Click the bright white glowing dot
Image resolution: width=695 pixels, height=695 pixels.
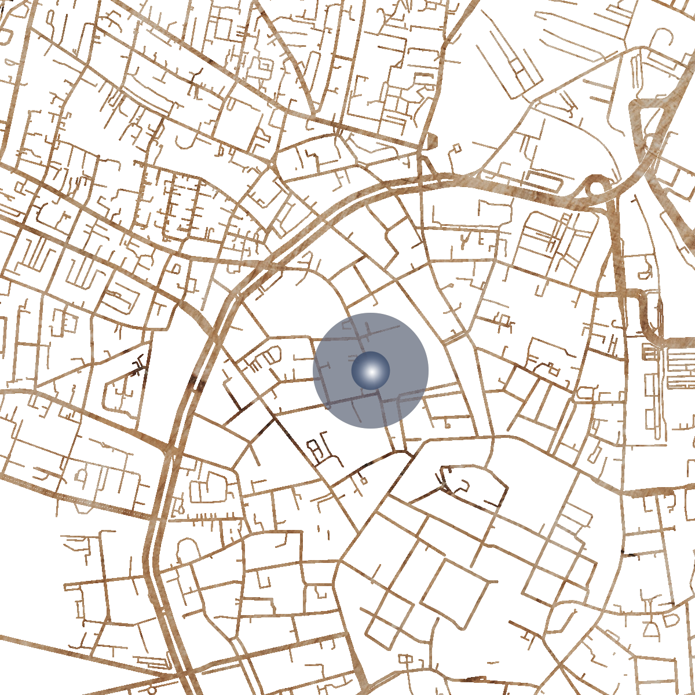point(371,371)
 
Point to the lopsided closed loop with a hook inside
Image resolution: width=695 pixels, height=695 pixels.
point(463,481)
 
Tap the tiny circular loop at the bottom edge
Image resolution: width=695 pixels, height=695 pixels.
point(152,690)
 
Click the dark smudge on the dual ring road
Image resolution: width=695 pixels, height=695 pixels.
point(197,382)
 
